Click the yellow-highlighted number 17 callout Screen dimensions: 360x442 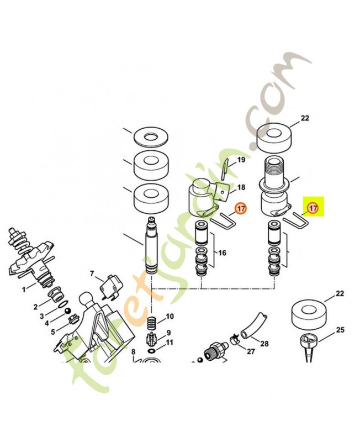click(313, 208)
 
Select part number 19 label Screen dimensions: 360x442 click(241, 160)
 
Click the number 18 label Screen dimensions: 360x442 click(241, 187)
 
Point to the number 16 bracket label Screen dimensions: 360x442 click(222, 252)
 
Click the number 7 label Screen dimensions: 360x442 click(92, 273)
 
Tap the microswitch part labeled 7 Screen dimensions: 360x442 click(109, 289)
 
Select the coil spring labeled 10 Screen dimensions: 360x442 click(152, 323)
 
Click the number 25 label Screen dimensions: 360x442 click(340, 329)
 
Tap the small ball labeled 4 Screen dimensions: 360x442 click(67, 311)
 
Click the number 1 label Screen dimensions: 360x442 click(24, 290)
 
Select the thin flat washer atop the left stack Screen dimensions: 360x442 click(151, 137)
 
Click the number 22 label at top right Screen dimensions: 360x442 click(305, 118)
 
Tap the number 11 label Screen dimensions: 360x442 click(170, 343)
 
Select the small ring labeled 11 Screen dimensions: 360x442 click(152, 351)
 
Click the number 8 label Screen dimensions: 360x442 click(133, 352)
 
